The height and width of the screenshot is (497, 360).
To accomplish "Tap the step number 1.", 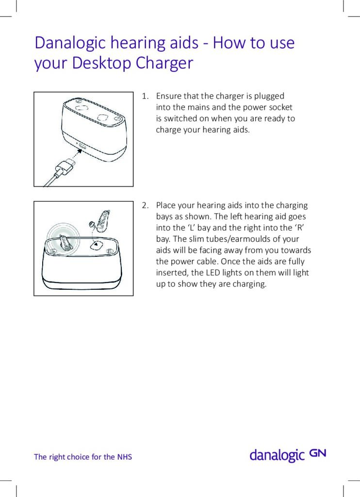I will pyautogui.click(x=144, y=96).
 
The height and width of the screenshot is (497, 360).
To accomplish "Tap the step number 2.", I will pyautogui.click(x=145, y=206).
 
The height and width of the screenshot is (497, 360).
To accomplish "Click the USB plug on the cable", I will pyautogui.click(x=63, y=168).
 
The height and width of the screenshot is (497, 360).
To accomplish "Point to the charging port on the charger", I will pyautogui.click(x=82, y=146).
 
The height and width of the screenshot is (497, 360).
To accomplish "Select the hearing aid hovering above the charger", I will pyautogui.click(x=102, y=221).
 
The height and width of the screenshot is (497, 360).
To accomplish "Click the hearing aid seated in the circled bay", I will pyautogui.click(x=65, y=241).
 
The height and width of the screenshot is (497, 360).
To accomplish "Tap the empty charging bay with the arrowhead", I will pyautogui.click(x=98, y=246).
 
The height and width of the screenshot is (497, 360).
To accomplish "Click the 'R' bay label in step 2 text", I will pyautogui.click(x=298, y=228).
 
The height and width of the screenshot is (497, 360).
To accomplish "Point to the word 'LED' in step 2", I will pyautogui.click(x=216, y=273).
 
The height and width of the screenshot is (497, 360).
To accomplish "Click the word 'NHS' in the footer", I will pyautogui.click(x=124, y=457).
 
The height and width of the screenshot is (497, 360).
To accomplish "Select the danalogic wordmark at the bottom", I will pyautogui.click(x=277, y=455).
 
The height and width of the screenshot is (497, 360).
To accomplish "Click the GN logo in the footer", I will pyautogui.click(x=318, y=453).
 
